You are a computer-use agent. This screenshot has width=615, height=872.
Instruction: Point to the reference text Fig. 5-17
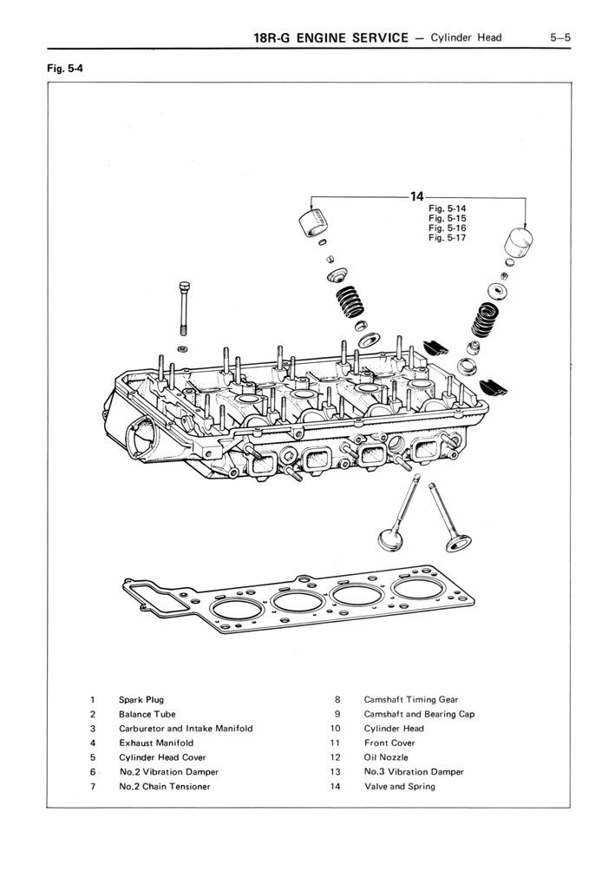coord(448,237)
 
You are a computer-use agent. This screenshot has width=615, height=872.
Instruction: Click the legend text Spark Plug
coord(141,699)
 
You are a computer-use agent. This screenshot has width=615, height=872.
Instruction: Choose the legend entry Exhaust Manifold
coord(156,743)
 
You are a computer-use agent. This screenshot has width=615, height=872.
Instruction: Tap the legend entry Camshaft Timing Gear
coord(411,699)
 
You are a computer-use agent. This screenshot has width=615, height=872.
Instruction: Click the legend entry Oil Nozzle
coord(386,757)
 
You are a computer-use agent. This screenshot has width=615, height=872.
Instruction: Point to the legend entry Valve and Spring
coord(400,786)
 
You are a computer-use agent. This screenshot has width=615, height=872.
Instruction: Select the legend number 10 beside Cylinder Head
coord(336,729)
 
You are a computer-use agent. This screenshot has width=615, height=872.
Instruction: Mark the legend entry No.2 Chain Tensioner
coord(165,786)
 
